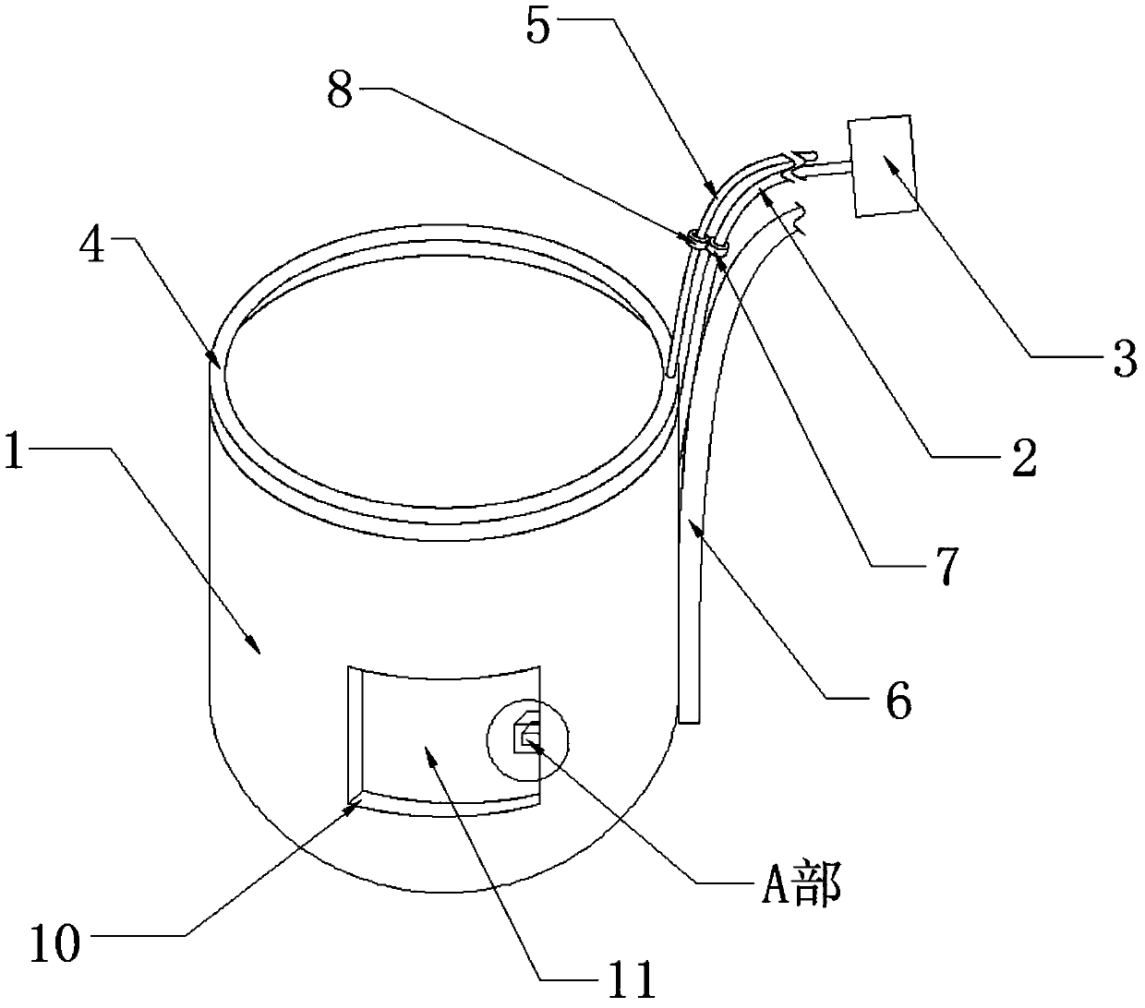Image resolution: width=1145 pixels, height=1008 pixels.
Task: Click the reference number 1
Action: point(15,456)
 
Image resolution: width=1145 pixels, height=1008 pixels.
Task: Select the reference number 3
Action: point(1123,359)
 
